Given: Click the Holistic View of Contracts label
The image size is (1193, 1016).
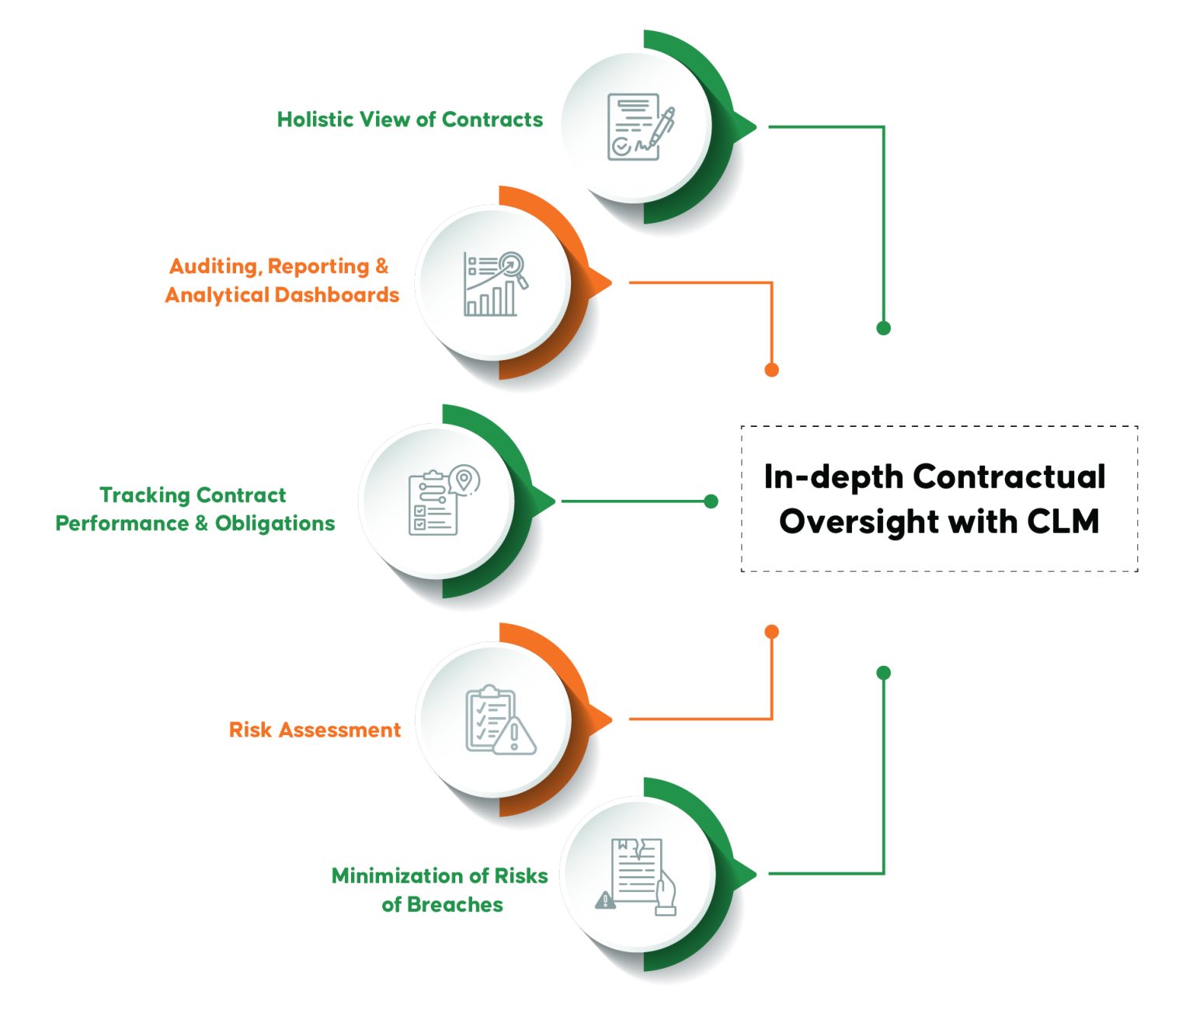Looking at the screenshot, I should pyautogui.click(x=410, y=120).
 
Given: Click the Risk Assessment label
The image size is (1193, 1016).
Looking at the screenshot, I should pyautogui.click(x=315, y=730).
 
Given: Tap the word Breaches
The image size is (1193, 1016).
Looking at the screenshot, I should pyautogui.click(x=454, y=905).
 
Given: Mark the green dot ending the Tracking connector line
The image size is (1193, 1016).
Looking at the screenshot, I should pyautogui.click(x=711, y=501).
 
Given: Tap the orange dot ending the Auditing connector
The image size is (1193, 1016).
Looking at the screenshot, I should pyautogui.click(x=771, y=369).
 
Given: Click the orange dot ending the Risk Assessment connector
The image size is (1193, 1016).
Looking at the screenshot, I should pyautogui.click(x=771, y=632).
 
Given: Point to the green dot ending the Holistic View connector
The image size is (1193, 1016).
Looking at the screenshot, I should pyautogui.click(x=883, y=328).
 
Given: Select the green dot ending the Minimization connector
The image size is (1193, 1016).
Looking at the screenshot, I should pyautogui.click(x=883, y=673).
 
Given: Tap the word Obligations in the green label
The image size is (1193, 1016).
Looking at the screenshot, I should pyautogui.click(x=275, y=524).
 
